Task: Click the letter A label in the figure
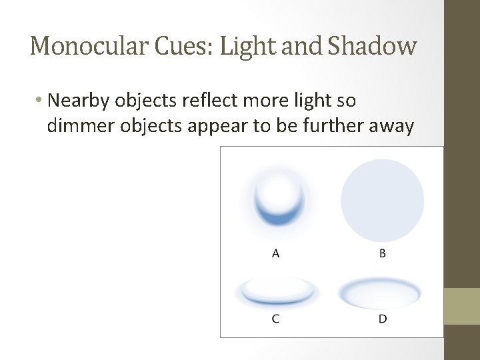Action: (x=275, y=253)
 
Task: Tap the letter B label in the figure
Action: (x=383, y=253)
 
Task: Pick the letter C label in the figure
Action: (x=275, y=319)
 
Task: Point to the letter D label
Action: (x=383, y=319)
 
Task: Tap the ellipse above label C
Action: (x=277, y=292)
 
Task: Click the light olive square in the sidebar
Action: (x=462, y=306)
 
